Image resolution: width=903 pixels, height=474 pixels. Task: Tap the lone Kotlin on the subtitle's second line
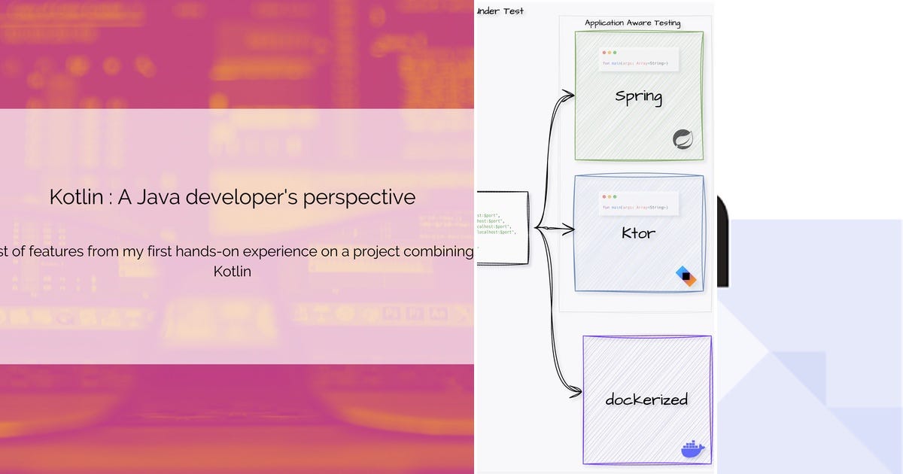click(233, 272)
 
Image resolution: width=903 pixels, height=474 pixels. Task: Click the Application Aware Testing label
click(632, 23)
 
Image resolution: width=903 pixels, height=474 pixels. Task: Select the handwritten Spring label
click(638, 96)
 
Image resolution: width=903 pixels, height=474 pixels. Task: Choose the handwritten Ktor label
click(638, 233)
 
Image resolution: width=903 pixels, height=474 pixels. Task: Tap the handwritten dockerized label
click(646, 400)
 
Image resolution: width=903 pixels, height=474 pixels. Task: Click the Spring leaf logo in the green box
click(683, 139)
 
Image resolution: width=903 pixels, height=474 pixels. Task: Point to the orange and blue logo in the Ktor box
click(686, 276)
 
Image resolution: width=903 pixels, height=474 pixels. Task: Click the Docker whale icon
click(692, 449)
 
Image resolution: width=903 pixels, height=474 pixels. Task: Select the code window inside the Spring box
click(639, 59)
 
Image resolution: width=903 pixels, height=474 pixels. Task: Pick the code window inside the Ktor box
click(639, 203)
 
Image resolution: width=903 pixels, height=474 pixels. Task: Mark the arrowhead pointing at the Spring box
click(570, 95)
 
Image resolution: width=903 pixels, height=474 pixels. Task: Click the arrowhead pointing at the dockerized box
click(576, 391)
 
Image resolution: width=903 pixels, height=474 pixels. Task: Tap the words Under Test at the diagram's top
click(501, 11)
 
